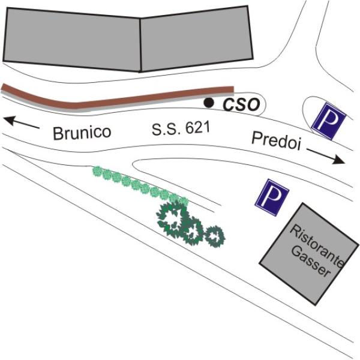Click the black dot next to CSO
point(209,103)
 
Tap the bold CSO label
point(241,104)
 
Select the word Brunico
point(82,133)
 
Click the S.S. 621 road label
point(181,128)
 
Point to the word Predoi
point(276,141)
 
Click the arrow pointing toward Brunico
point(22,122)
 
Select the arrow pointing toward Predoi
point(326,156)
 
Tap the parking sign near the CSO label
point(329,121)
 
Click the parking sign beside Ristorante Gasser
point(272,197)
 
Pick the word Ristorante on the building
point(316,245)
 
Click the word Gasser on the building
point(311,262)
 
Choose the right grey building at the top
point(197,38)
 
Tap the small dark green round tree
point(215,236)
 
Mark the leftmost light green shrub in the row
point(97,171)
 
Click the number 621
point(198,128)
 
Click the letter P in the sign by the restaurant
point(272,197)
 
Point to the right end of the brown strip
point(233,89)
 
